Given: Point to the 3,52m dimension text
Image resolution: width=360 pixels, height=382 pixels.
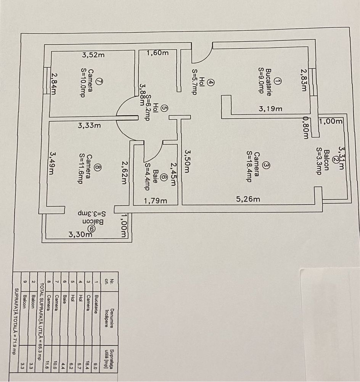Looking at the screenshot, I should pos(93,55).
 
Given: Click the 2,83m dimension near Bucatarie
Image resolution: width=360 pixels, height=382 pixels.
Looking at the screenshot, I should pos(303,80).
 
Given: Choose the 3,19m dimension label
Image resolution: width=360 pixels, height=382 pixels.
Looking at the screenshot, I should pos(270,108).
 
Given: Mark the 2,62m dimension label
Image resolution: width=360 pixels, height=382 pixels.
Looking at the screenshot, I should pos(124,172).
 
